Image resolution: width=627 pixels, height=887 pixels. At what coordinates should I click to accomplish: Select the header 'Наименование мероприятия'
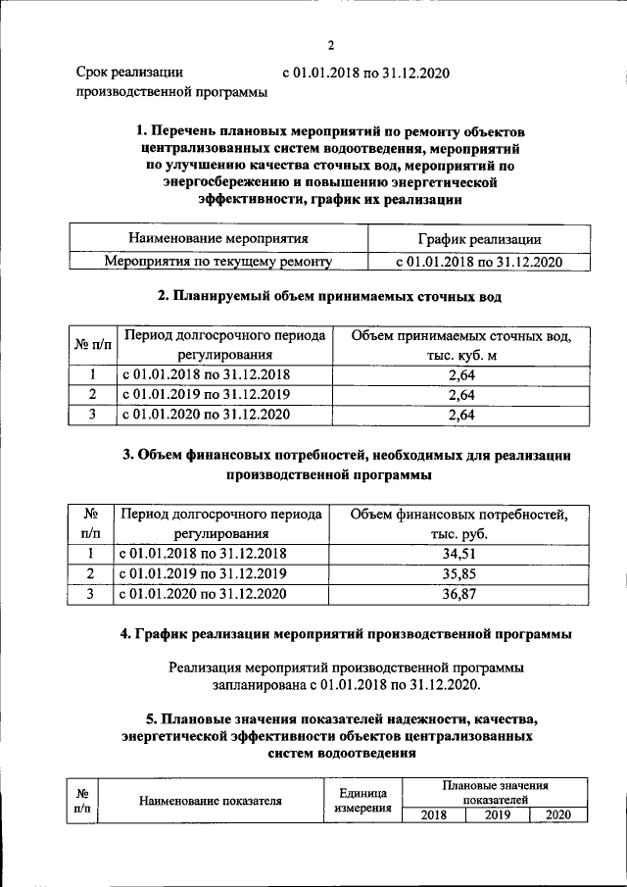pos(218,238)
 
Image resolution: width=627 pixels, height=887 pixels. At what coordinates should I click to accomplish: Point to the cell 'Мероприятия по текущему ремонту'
pos(218,262)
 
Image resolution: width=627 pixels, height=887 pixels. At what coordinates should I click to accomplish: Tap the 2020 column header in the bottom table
pos(557,815)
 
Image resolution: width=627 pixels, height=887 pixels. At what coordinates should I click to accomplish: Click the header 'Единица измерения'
pos(363,801)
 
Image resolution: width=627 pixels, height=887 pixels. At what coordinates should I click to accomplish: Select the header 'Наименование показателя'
pos(211,801)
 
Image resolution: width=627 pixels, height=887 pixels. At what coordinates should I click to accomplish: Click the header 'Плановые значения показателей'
pos(494,793)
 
